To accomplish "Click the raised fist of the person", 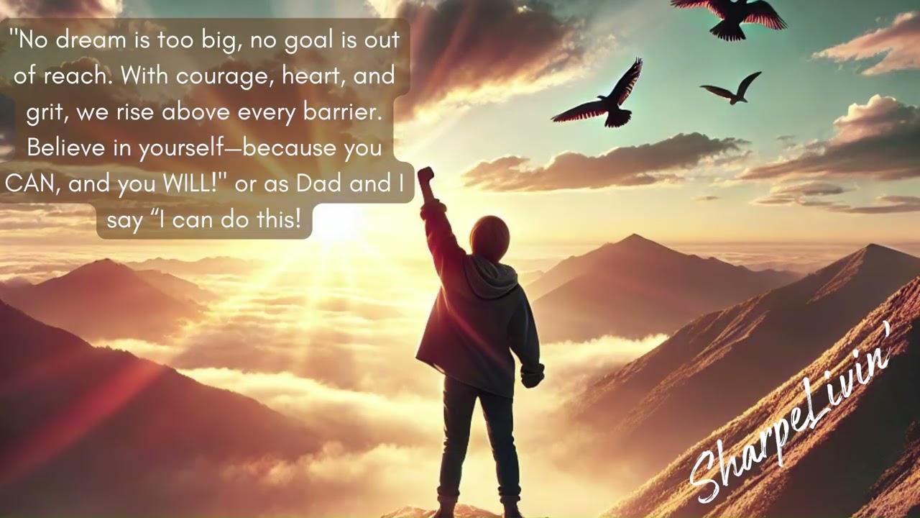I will [x=425, y=176].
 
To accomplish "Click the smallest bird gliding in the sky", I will [x=732, y=88].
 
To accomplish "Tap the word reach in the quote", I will [x=79, y=76].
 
